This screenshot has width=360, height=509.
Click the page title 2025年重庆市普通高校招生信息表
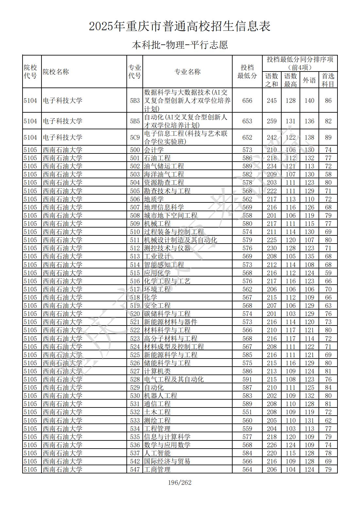pyautogui.click(x=180, y=26)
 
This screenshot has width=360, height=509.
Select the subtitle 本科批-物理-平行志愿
pyautogui.click(x=180, y=45)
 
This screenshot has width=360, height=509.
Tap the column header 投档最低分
pyautogui.click(x=247, y=72)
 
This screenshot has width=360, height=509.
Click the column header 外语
pyautogui.click(x=309, y=80)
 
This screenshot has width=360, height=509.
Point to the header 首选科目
pyautogui.click(x=328, y=80)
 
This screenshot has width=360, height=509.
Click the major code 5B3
pyautogui.click(x=135, y=101)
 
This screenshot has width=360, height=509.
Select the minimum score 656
pyautogui.click(x=247, y=101)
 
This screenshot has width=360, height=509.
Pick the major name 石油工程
pyautogui.click(x=157, y=158)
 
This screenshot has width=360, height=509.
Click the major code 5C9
pyautogui.click(x=135, y=137)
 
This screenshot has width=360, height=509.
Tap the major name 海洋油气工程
pyautogui.click(x=164, y=174)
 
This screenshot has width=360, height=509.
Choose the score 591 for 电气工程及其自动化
pyautogui.click(x=247, y=379)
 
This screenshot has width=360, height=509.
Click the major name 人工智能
pyautogui.click(x=157, y=453)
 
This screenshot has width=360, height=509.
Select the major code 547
pyautogui.click(x=135, y=469)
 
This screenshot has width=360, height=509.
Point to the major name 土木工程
pyautogui.click(x=157, y=412)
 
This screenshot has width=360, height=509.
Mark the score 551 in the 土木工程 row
pyautogui.click(x=247, y=412)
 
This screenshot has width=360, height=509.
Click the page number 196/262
pyautogui.click(x=180, y=483)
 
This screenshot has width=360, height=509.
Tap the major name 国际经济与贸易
pyautogui.click(x=167, y=461)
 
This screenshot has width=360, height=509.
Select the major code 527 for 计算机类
pyautogui.click(x=135, y=371)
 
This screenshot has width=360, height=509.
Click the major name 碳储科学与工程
pyautogui.click(x=167, y=314)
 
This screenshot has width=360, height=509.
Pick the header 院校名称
pyautogui.click(x=56, y=72)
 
